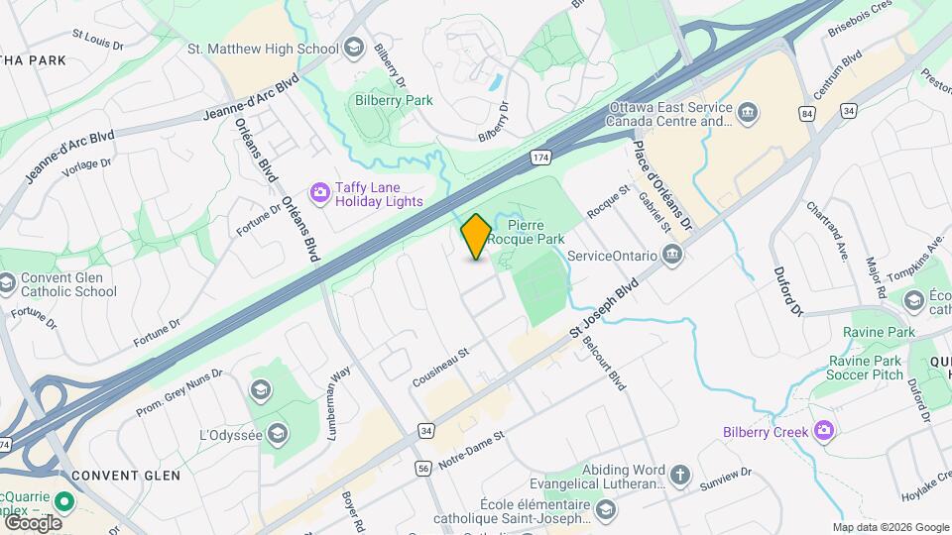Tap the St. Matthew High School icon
[354, 49]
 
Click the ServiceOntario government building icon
[673, 256]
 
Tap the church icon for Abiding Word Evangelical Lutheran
[679, 476]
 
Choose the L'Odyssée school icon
[279, 434]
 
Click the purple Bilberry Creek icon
[822, 431]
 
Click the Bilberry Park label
[394, 100]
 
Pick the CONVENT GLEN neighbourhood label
[125, 476]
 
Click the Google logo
[33, 522]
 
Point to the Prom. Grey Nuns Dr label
[179, 391]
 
